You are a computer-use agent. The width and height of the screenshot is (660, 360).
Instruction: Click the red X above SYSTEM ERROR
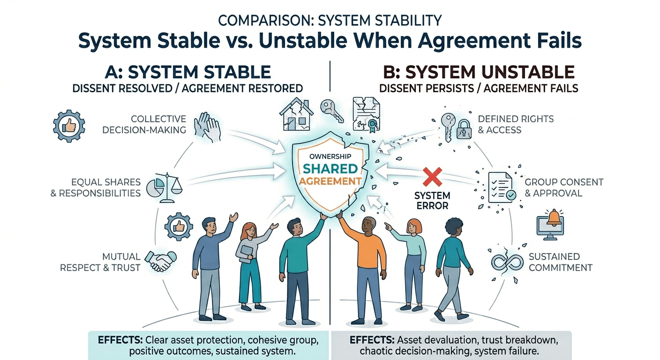[x=432, y=177]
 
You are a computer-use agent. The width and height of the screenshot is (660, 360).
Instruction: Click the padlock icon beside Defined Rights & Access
[x=463, y=128]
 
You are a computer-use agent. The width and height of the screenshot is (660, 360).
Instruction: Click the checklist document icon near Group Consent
[x=501, y=187]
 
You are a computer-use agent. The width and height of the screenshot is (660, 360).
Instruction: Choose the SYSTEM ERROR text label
[x=432, y=200]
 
